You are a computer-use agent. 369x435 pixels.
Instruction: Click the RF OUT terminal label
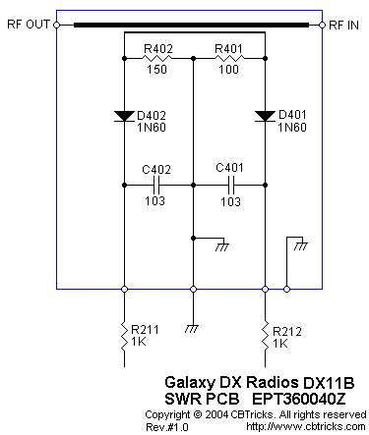[29, 25]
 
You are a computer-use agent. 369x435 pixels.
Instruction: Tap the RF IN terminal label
[343, 26]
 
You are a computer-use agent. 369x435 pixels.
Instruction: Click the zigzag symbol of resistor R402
[157, 59]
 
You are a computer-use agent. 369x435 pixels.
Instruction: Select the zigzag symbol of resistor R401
[229, 59]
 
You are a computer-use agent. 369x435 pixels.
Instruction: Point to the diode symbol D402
[124, 116]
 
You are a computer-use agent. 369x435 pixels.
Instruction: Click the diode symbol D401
[265, 116]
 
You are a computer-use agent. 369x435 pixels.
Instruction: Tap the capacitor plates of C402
[156, 186]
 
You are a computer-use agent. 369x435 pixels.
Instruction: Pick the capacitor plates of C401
[231, 186]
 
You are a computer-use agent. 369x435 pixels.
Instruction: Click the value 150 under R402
[156, 70]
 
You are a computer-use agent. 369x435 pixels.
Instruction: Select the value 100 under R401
[229, 70]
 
